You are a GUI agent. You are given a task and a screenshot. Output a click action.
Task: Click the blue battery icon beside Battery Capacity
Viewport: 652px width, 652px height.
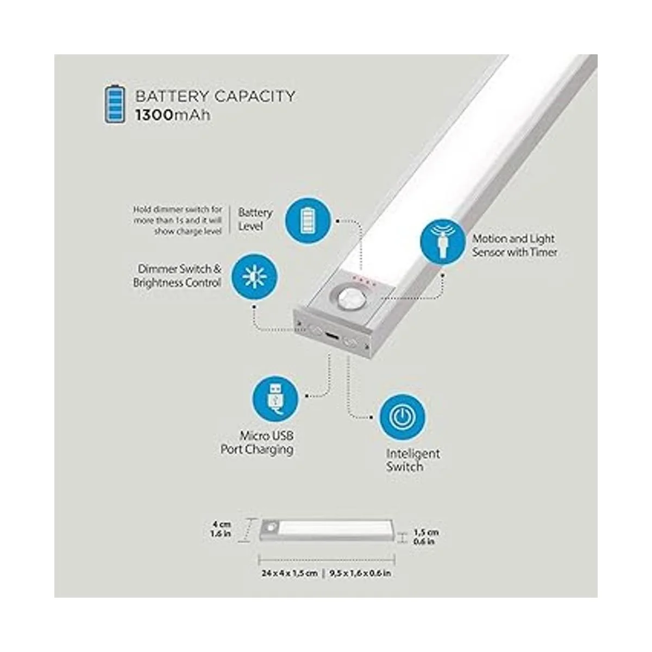click(x=114, y=104)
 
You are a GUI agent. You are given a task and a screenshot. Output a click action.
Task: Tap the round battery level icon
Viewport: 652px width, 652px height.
click(x=308, y=221)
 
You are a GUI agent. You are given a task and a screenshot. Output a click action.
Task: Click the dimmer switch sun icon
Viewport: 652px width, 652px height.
click(x=254, y=277)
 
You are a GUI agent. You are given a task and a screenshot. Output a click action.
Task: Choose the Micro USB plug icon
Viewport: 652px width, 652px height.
click(x=275, y=399)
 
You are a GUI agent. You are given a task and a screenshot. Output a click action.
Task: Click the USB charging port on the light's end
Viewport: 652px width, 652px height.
click(x=330, y=337)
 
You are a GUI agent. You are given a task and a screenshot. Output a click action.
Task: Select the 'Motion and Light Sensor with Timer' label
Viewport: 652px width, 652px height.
click(x=515, y=245)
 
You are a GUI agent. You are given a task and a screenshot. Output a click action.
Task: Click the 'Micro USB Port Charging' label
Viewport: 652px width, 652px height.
click(x=257, y=443)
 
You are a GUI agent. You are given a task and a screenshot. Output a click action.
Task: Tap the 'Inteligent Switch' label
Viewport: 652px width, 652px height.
click(x=413, y=460)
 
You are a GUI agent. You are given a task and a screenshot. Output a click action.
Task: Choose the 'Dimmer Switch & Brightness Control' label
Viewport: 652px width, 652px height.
click(x=177, y=276)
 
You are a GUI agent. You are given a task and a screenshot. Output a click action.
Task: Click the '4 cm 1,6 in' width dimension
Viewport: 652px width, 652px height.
click(x=221, y=529)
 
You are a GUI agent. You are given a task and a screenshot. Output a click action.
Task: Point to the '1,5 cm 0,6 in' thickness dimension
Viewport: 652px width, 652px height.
click(x=426, y=537)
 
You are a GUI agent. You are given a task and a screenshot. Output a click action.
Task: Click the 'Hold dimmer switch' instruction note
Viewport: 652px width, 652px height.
click(x=178, y=220)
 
